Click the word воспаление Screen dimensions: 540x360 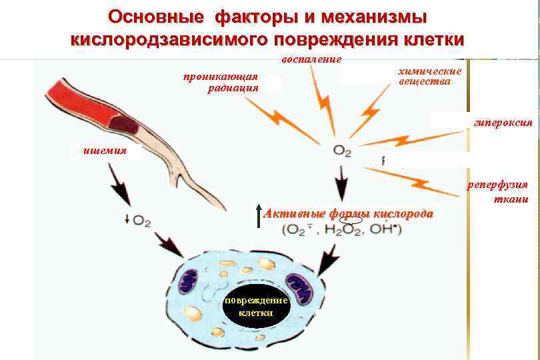(x=311, y=59)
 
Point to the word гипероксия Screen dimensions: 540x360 (x=502, y=123)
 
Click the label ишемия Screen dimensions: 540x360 (x=105, y=151)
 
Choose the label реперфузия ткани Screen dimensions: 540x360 (x=507, y=191)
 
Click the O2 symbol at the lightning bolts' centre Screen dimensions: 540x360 (x=342, y=151)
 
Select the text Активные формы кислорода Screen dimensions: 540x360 (x=349, y=214)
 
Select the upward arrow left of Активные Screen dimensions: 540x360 (x=258, y=216)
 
